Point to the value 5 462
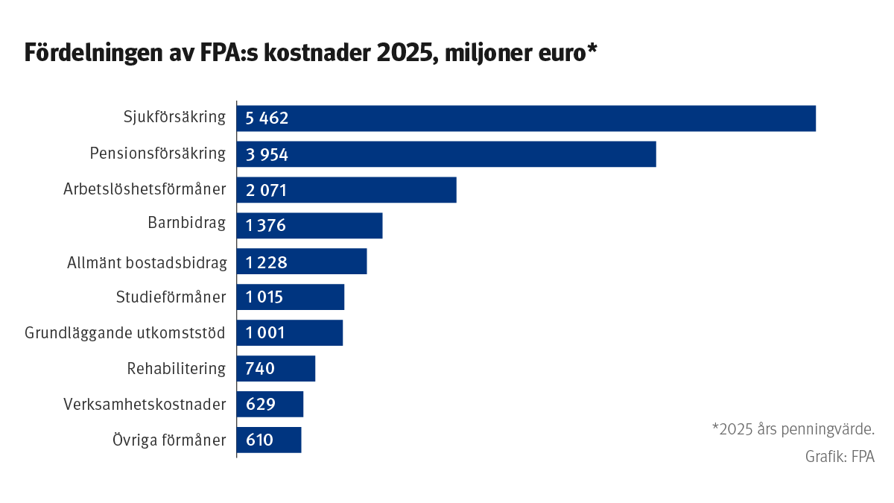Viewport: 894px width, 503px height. (x=267, y=118)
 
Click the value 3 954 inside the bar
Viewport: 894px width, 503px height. (x=267, y=154)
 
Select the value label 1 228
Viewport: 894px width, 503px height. (x=266, y=262)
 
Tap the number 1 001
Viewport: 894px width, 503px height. (x=265, y=333)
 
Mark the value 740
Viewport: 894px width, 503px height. (x=260, y=369)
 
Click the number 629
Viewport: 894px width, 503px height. (x=260, y=405)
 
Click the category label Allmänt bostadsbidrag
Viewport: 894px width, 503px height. (x=146, y=262)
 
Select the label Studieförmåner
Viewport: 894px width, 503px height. (x=171, y=297)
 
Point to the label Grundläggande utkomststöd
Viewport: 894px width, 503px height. (x=125, y=333)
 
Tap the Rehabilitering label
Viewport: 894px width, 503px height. (x=176, y=369)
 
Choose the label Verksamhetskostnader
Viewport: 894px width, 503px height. (x=145, y=405)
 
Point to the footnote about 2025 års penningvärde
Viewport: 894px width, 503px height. (x=793, y=429)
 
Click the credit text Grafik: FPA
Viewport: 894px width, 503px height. (x=840, y=457)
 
